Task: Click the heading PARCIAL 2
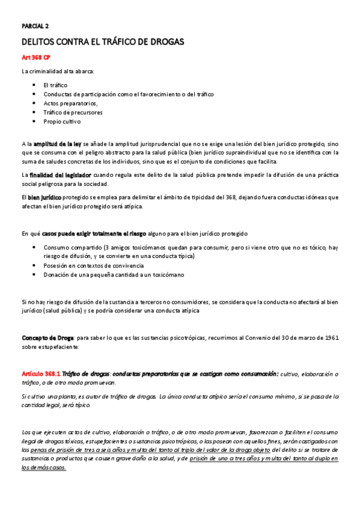[x=35, y=26]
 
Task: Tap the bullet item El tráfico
[x=55, y=85]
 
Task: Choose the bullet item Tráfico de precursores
[x=73, y=112]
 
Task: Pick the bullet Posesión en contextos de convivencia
[x=93, y=265]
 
